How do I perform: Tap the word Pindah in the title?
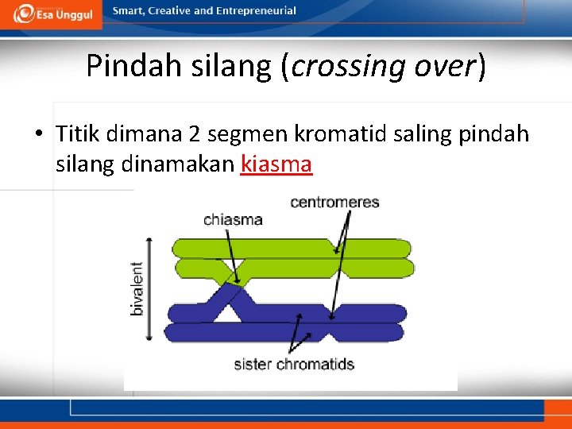pyautogui.click(x=134, y=66)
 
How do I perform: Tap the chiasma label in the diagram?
pyautogui.click(x=233, y=219)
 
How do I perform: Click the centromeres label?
pyautogui.click(x=334, y=202)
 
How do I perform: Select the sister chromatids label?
pyautogui.click(x=293, y=365)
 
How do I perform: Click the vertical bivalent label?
pyautogui.click(x=137, y=288)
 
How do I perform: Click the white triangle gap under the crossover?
pyautogui.click(x=227, y=314)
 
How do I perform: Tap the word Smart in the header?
pyautogui.click(x=129, y=11)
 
